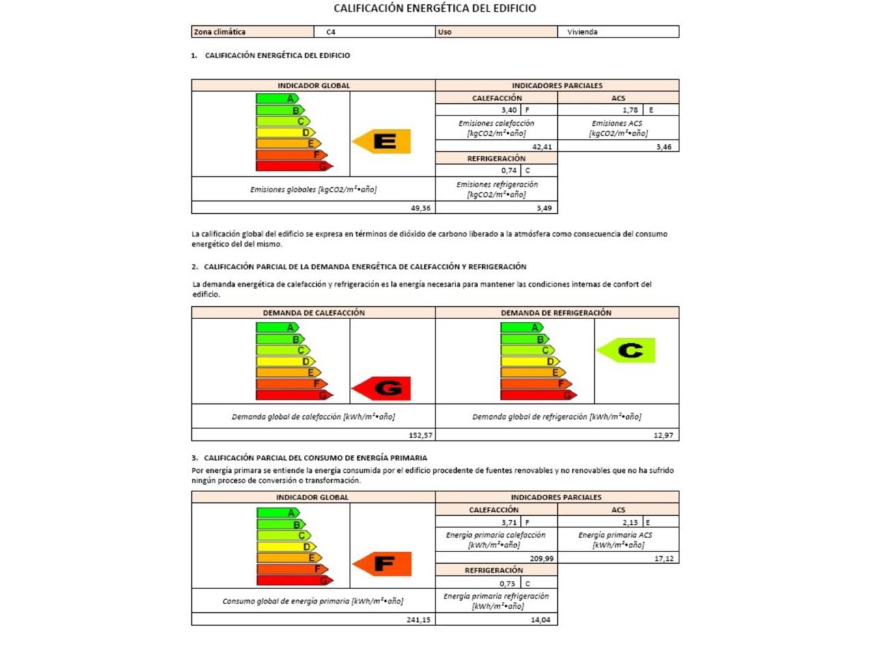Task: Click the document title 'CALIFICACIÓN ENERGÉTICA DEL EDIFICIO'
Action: (x=434, y=8)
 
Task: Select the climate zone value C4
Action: (x=331, y=32)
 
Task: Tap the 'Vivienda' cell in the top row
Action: (x=582, y=32)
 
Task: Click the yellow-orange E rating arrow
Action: (x=382, y=141)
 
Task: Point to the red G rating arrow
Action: (x=382, y=389)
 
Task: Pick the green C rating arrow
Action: (x=627, y=351)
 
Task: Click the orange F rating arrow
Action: (x=383, y=564)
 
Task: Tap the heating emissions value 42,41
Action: (x=542, y=147)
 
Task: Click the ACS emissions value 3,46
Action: (x=664, y=147)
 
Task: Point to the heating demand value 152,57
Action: (x=421, y=435)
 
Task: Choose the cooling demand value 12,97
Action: (x=663, y=435)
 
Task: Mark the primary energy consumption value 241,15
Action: (x=419, y=620)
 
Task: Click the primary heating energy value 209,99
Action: (x=541, y=558)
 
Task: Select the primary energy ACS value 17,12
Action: (x=664, y=558)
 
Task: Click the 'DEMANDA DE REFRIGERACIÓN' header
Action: (x=556, y=313)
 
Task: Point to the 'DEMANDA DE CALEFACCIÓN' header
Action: (x=313, y=313)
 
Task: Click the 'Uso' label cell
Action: (x=445, y=32)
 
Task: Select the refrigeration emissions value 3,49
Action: (x=544, y=208)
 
